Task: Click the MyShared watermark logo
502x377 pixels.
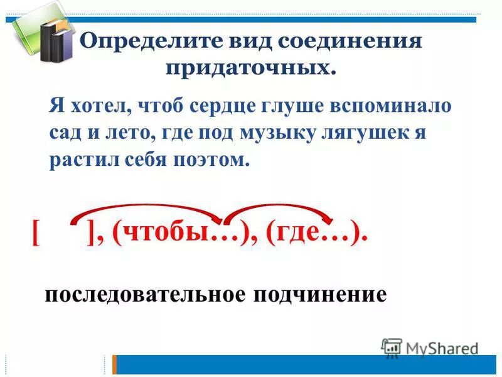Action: tap(430, 347)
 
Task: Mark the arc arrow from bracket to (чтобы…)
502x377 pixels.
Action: tap(147, 209)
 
